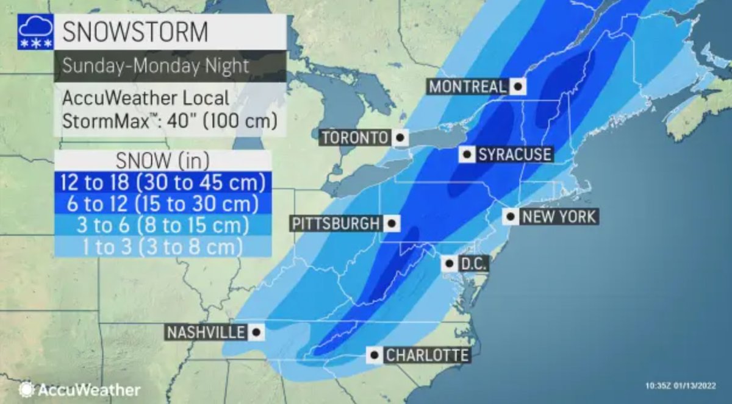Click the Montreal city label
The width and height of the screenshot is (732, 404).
[x=467, y=87]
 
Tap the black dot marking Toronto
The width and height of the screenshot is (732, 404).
[x=400, y=138]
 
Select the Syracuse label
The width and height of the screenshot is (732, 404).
[x=514, y=154]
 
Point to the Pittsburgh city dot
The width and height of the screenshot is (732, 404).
[x=392, y=224]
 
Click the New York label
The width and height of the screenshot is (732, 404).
[x=558, y=216]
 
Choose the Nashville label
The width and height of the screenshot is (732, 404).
[x=206, y=332]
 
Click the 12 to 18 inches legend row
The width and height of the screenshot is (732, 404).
[x=163, y=182]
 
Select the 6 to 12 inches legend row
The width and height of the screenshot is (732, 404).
[x=163, y=203]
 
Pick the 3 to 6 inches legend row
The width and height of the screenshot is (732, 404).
[x=163, y=225]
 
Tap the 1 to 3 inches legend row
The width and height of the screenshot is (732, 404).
[x=163, y=246]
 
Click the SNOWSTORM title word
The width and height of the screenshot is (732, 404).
[x=135, y=32]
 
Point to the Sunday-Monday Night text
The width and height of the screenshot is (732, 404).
[x=156, y=66]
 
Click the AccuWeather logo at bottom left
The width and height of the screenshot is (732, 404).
[x=79, y=389]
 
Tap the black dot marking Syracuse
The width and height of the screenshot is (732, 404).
[x=467, y=154]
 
